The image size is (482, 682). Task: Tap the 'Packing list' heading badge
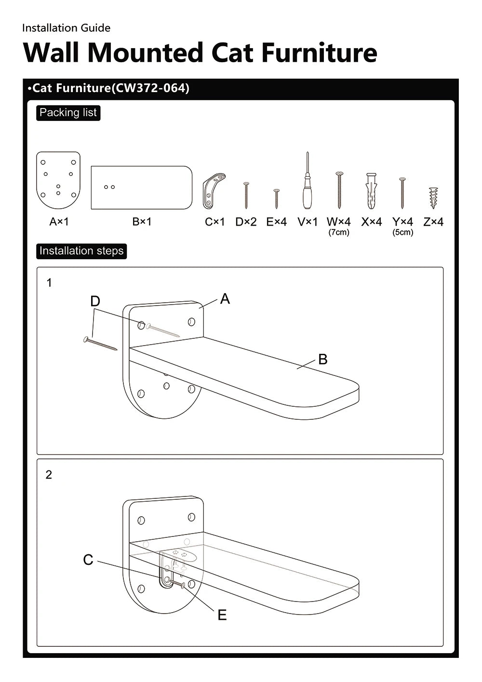68,113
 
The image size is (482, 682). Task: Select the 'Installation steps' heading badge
81,251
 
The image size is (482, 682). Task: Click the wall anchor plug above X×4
371,191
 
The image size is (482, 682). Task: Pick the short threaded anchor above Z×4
433,198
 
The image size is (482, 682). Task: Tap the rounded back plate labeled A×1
58,180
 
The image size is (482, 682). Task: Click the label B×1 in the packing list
142,222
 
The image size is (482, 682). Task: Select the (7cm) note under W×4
339,232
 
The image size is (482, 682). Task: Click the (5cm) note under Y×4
402,232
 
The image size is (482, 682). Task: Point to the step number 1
49,283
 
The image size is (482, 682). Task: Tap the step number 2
49,475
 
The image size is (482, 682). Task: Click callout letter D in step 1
95,301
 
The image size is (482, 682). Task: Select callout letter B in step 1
323,359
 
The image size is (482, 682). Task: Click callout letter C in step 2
88,560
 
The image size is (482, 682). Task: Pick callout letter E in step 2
222,615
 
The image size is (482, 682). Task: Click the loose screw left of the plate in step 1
100,344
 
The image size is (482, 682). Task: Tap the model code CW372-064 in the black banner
150,88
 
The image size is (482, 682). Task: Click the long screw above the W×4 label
339,190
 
